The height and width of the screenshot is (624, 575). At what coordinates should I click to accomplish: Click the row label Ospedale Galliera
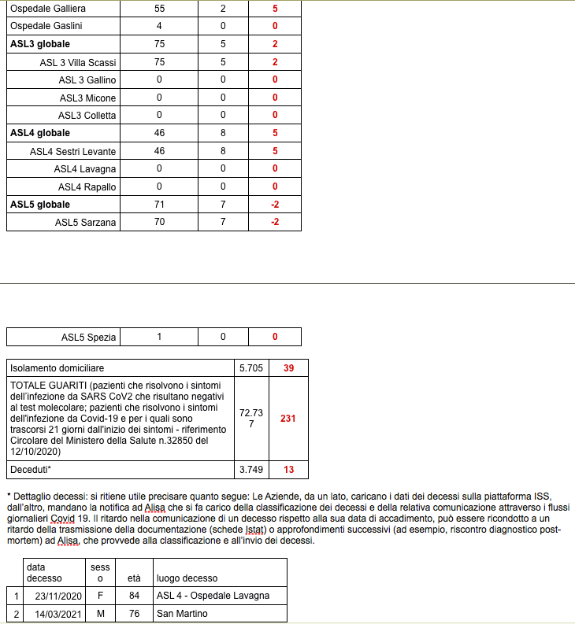click(48, 9)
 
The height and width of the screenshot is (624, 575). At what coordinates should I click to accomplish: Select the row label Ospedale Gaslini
click(46, 26)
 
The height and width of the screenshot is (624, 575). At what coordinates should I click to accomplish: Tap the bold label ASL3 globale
click(40, 44)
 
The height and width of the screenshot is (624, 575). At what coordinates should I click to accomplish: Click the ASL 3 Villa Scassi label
click(78, 62)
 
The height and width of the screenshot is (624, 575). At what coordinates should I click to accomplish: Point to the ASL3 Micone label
click(87, 98)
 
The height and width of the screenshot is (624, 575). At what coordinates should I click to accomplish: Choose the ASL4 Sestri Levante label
click(73, 151)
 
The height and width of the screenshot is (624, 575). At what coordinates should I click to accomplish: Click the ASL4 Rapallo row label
click(87, 186)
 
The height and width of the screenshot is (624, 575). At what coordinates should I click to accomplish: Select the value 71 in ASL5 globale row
click(159, 205)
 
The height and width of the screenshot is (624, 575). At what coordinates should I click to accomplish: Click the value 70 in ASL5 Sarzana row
click(159, 222)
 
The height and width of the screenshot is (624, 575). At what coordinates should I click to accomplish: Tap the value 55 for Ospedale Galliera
click(159, 9)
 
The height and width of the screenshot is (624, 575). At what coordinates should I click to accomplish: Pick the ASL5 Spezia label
click(89, 338)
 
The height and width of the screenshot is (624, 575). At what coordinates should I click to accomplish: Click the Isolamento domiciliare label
click(57, 368)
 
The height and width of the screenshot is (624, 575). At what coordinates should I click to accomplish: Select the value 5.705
click(252, 368)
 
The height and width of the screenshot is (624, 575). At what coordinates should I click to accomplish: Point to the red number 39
click(288, 368)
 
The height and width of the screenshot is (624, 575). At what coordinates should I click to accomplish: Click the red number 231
click(288, 419)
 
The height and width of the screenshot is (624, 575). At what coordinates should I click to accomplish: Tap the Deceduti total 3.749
click(252, 470)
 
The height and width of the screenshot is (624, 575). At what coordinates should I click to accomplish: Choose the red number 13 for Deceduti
click(288, 470)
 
